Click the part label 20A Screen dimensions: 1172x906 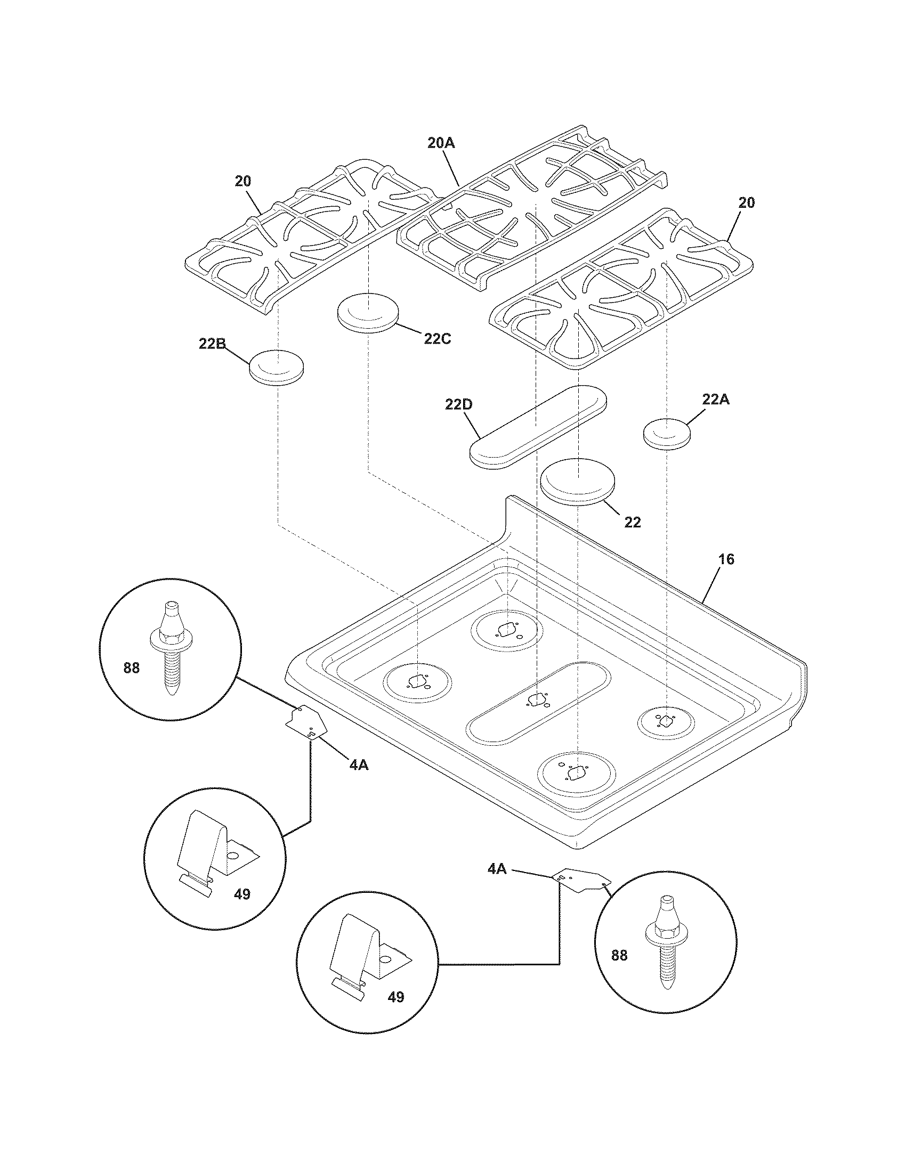coord(441,143)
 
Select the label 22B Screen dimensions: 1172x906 coord(212,344)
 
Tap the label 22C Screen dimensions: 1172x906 coord(437,339)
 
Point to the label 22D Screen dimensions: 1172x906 coord(458,405)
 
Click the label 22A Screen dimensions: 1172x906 coord(716,399)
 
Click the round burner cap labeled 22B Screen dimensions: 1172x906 coord(277,367)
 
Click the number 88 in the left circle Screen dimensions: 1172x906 coord(131,668)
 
